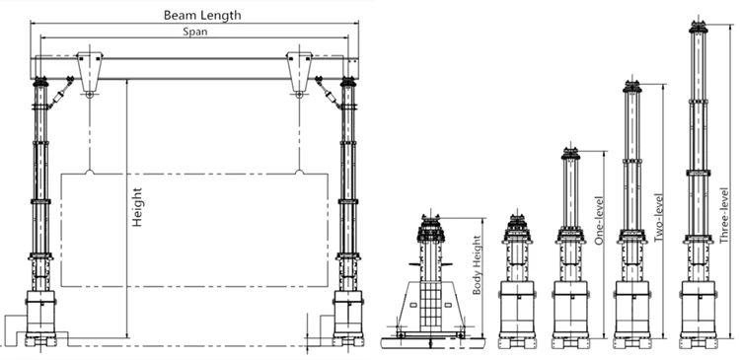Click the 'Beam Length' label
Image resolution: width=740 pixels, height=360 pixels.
[x=202, y=15]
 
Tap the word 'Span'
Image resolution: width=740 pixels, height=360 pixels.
[x=194, y=32]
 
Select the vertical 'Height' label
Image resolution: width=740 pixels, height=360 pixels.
[x=138, y=208]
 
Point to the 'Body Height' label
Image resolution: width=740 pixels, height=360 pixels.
[x=478, y=266]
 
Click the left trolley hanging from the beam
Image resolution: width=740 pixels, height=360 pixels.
[x=91, y=72]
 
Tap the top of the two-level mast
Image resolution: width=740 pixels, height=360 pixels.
[x=631, y=83]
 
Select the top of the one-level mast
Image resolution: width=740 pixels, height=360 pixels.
[x=568, y=153]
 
